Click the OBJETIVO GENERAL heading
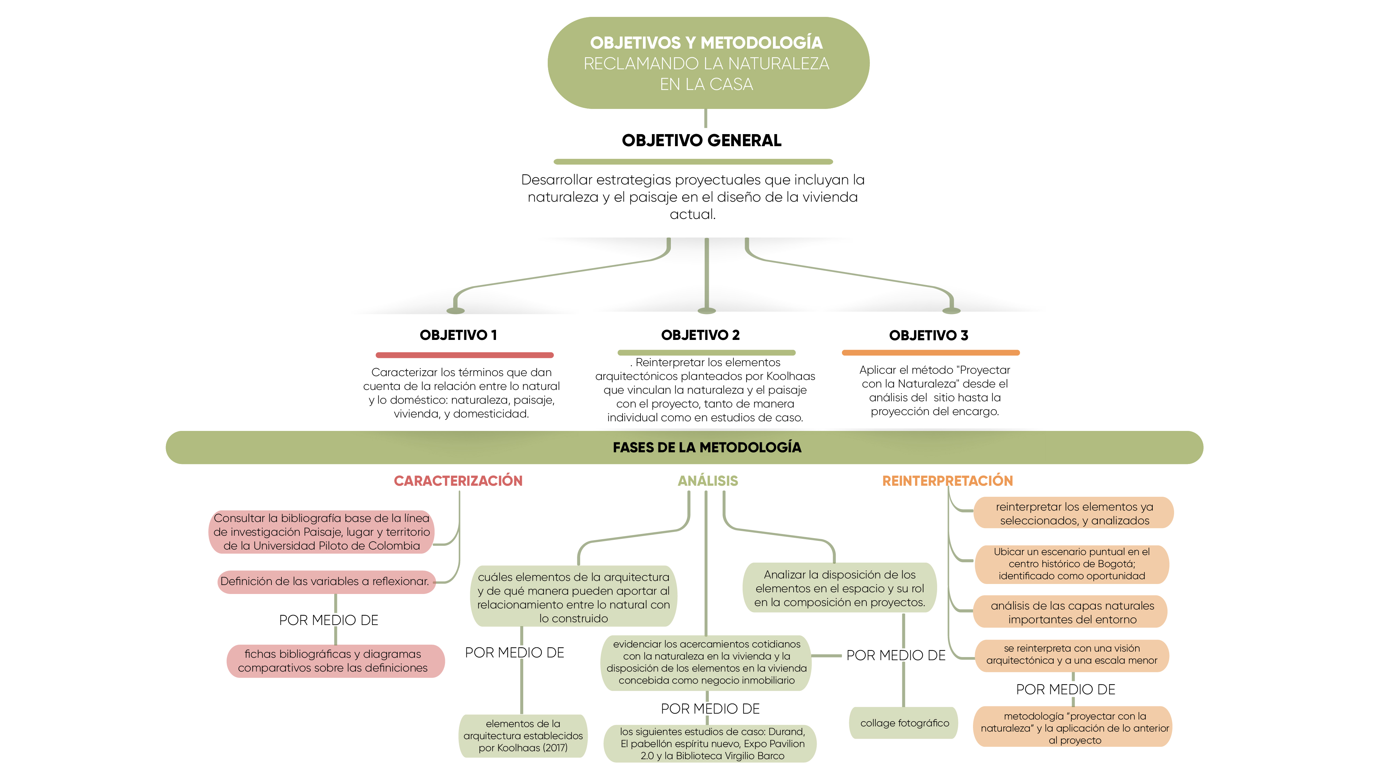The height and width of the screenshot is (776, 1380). pyautogui.click(x=701, y=140)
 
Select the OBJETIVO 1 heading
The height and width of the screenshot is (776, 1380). pyautogui.click(x=458, y=335)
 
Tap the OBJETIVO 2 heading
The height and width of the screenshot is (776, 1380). pyautogui.click(x=700, y=335)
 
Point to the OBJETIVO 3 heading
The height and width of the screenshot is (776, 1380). pyautogui.click(x=929, y=335)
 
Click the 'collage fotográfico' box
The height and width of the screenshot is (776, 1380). pyautogui.click(x=904, y=723)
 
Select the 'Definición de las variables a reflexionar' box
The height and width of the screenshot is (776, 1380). pyautogui.click(x=326, y=582)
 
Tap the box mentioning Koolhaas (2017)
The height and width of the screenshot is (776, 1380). pyautogui.click(x=523, y=736)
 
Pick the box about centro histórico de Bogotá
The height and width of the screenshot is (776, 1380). pyautogui.click(x=1071, y=564)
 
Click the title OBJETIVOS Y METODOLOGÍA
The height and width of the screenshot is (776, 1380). pyautogui.click(x=706, y=43)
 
